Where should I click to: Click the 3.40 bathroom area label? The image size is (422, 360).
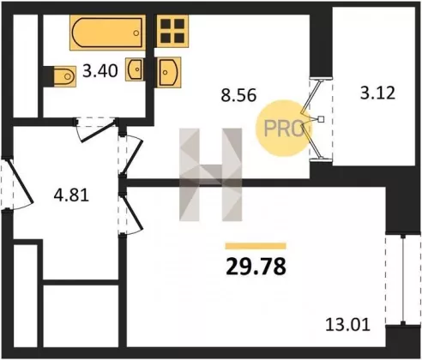click(x=100, y=71)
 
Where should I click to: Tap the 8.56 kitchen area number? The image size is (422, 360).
click(x=238, y=95)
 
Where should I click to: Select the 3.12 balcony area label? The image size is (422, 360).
click(x=377, y=93)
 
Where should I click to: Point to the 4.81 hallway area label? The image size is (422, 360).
click(x=71, y=195)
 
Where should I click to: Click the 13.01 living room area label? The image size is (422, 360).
click(x=348, y=325)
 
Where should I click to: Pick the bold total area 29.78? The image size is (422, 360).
click(x=256, y=267)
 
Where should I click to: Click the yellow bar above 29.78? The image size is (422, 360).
click(x=256, y=246)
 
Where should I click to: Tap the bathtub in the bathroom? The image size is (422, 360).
click(x=107, y=33)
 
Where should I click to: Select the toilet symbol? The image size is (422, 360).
click(x=64, y=76)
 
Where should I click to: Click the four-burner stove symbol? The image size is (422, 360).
click(x=172, y=31)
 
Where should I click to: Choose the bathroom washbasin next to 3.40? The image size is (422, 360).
click(x=135, y=69)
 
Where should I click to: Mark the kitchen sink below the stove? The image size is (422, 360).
click(x=169, y=73)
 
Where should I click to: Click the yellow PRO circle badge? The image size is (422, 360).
click(x=282, y=128)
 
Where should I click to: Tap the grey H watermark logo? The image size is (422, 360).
click(x=211, y=175)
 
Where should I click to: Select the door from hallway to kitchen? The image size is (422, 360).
click(x=132, y=156)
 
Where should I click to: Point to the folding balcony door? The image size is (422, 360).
click(x=313, y=119)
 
